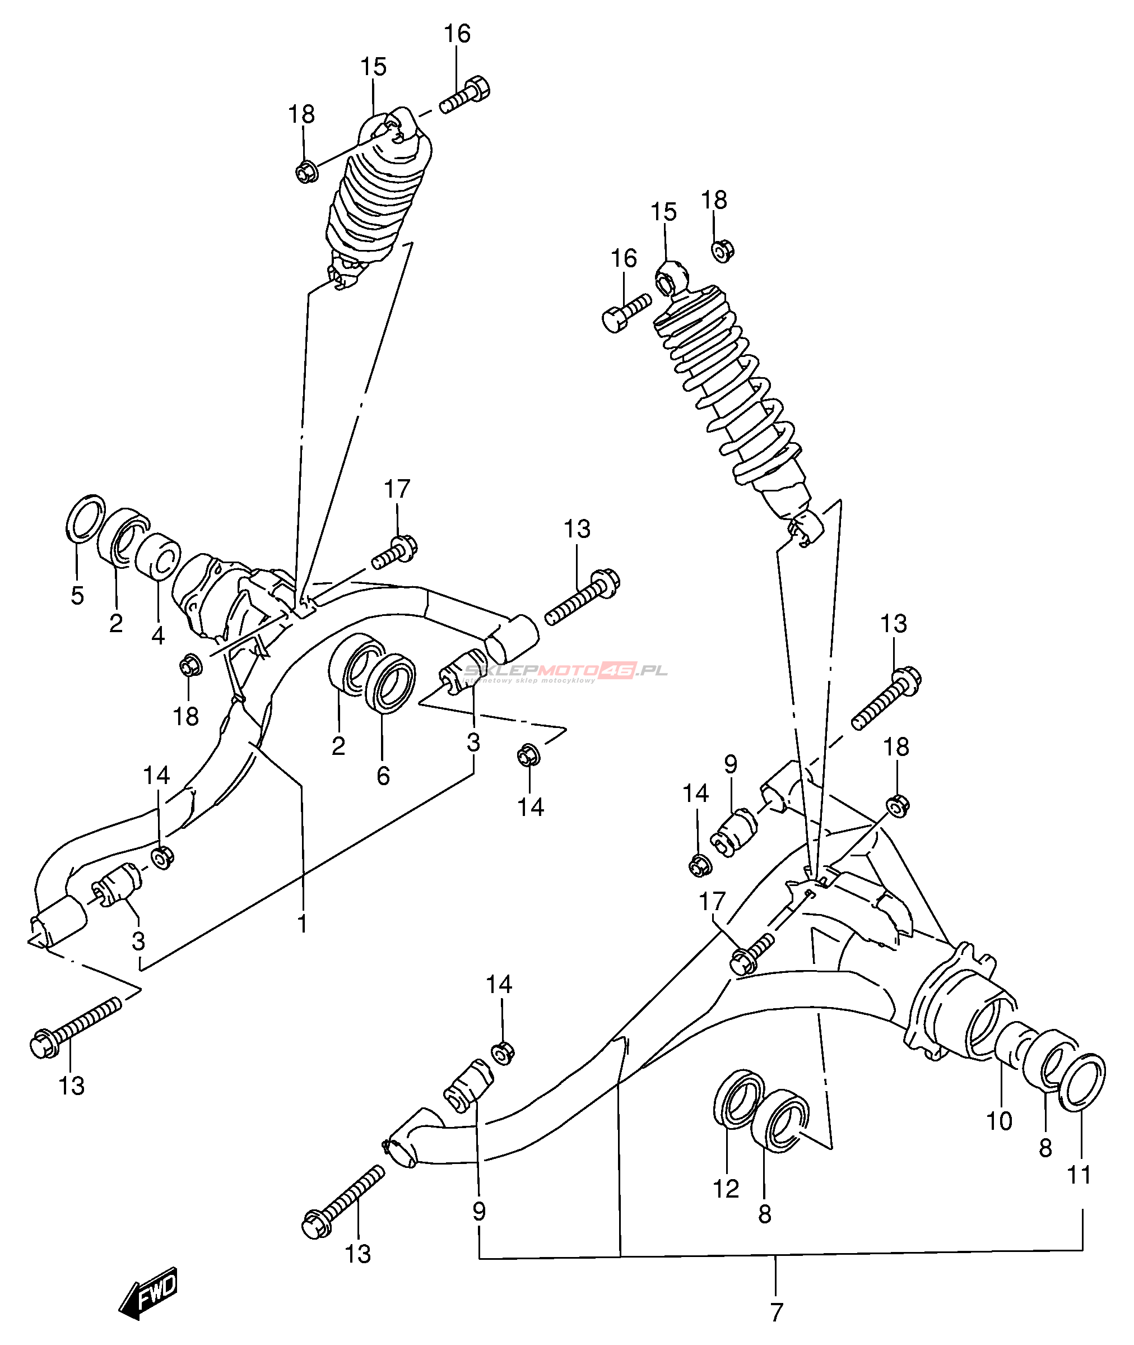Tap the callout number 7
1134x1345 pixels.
pyautogui.click(x=777, y=1311)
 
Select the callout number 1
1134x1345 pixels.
pyautogui.click(x=301, y=924)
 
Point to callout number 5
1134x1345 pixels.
pyautogui.click(x=77, y=596)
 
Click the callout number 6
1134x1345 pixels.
pyautogui.click(x=383, y=776)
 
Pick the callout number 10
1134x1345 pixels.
pyautogui.click(x=999, y=1121)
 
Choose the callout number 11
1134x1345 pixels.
pyautogui.click(x=1079, y=1175)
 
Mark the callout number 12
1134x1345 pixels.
pyautogui.click(x=726, y=1189)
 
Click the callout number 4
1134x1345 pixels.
pyautogui.click(x=158, y=635)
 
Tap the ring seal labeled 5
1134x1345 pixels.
pyautogui.click(x=86, y=519)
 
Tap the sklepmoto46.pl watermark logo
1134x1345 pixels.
pyautogui.click(x=566, y=672)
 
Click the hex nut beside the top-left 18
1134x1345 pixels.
pyautogui.click(x=306, y=171)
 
